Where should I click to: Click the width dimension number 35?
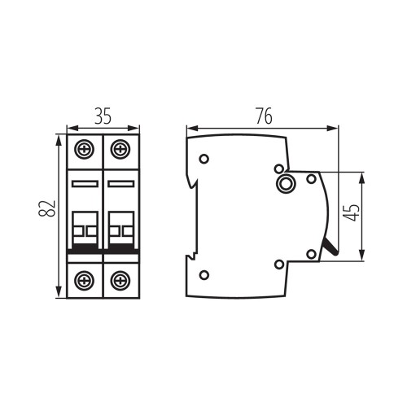[x=102, y=115]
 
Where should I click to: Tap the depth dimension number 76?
[x=262, y=115]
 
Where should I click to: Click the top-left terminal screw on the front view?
[x=84, y=149]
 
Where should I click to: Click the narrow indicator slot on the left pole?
[x=84, y=185]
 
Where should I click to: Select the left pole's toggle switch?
[x=84, y=227]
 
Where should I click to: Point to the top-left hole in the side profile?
[x=204, y=158]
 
